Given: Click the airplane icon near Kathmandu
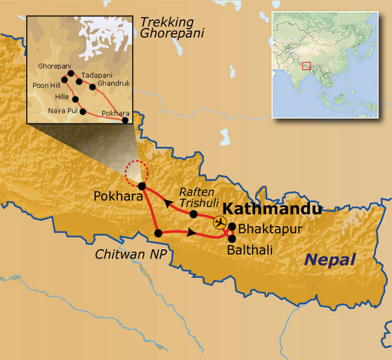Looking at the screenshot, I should pyautogui.click(x=220, y=223).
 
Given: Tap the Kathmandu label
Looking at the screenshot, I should pyautogui.click(x=272, y=209).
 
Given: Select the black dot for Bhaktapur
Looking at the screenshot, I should pyautogui.click(x=232, y=226).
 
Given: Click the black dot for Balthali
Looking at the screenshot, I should pyautogui.click(x=232, y=238).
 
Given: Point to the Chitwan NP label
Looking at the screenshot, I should pyautogui.click(x=131, y=254).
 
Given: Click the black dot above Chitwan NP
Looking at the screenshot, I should pyautogui.click(x=158, y=233).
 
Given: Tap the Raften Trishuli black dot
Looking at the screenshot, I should pyautogui.click(x=194, y=214).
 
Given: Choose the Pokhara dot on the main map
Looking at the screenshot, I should pyautogui.click(x=142, y=187).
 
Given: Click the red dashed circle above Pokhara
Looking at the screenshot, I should pyautogui.click(x=137, y=171).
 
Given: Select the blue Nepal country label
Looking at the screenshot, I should pyautogui.click(x=330, y=260).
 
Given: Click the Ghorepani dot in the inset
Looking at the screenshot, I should pyautogui.click(x=70, y=73).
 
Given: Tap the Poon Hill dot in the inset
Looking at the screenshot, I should pyautogui.click(x=65, y=80).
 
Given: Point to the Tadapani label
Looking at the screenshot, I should pyautogui.click(x=97, y=75).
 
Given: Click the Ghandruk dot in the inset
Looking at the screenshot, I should pyautogui.click(x=92, y=87).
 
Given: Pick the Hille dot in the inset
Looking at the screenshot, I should pyautogui.click(x=75, y=99).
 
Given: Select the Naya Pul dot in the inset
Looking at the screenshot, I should pyautogui.click(x=83, y=111).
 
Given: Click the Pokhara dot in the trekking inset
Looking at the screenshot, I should pyautogui.click(x=125, y=120).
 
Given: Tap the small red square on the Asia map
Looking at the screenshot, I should pyautogui.click(x=306, y=66).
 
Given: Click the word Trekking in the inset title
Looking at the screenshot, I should pyautogui.click(x=167, y=22).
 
